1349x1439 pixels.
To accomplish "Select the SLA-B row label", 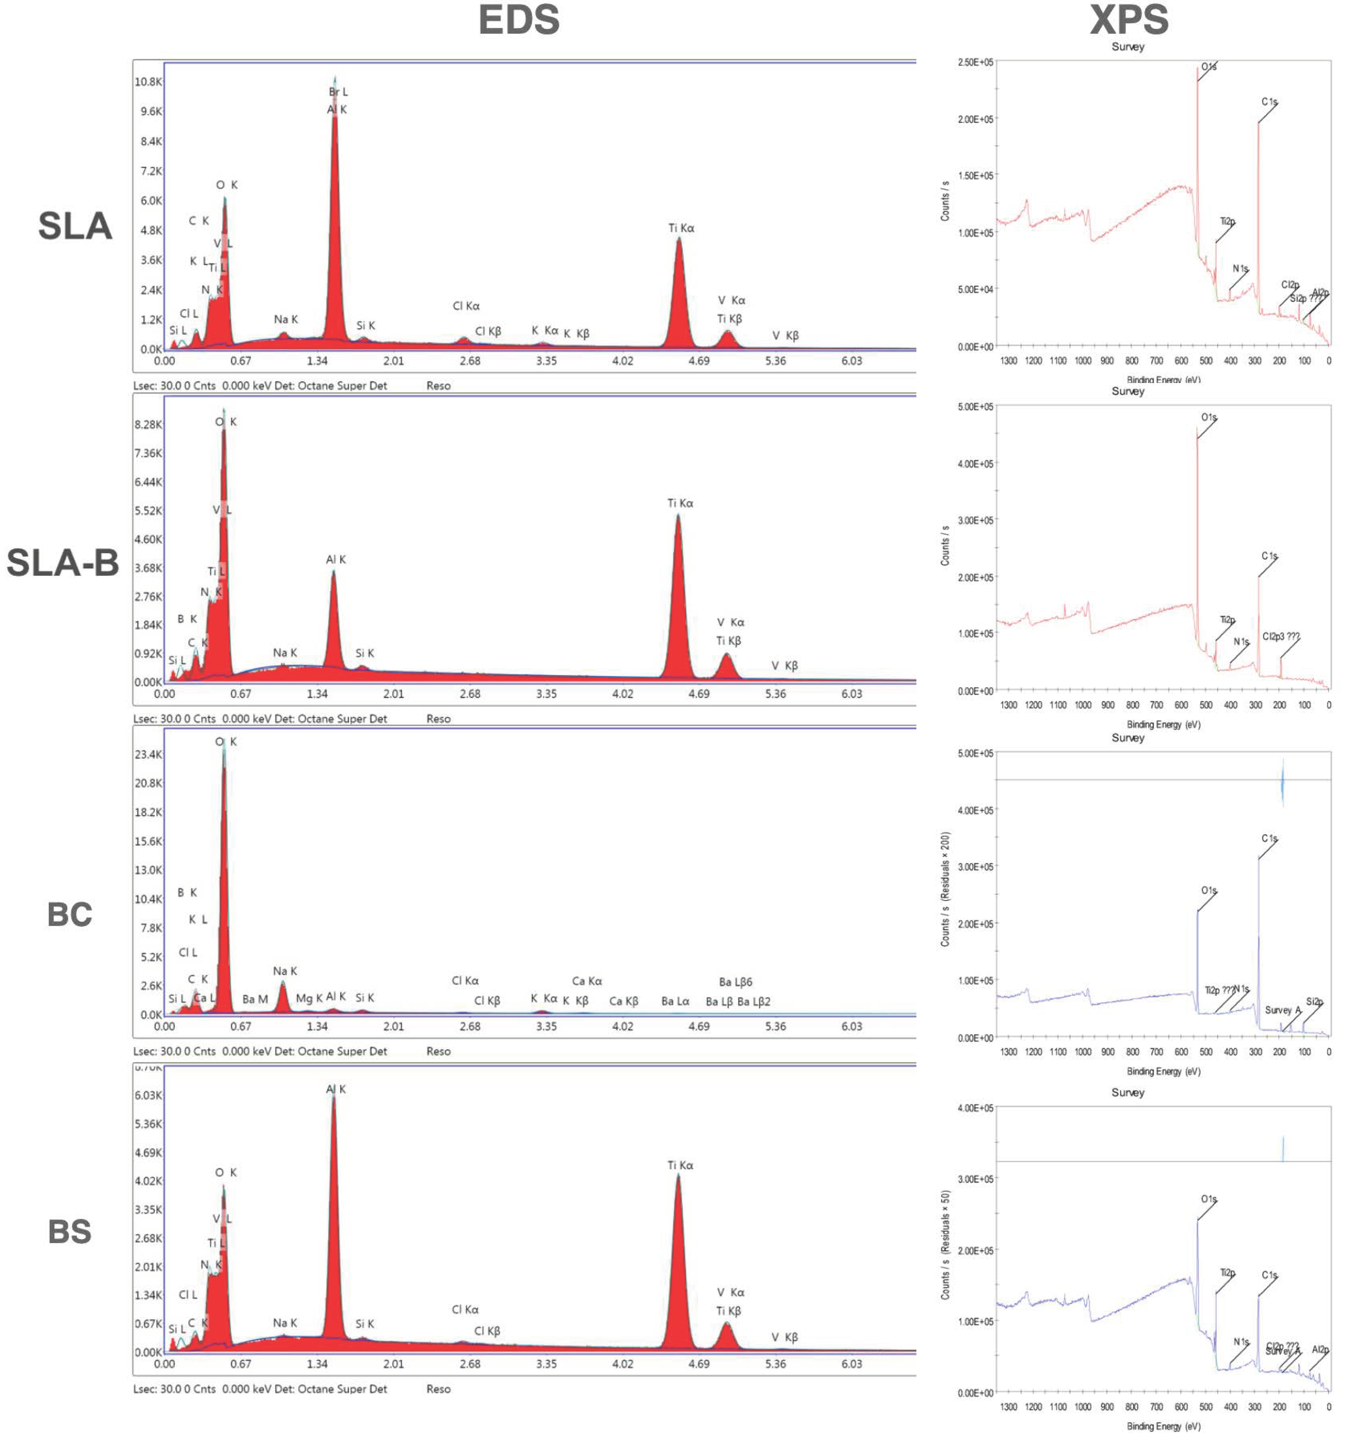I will tap(63, 562).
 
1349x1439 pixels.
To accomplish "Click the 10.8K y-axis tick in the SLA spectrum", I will tap(148, 82).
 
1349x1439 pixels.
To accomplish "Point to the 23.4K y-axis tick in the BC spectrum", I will tap(148, 754).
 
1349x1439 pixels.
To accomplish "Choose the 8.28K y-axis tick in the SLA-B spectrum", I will tap(148, 424).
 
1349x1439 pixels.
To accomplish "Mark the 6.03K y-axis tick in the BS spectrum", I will tap(148, 1095).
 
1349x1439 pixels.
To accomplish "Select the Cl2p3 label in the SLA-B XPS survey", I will tap(1280, 636).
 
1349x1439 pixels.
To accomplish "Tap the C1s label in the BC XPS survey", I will tap(1269, 838).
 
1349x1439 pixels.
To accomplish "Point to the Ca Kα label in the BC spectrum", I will tap(587, 981).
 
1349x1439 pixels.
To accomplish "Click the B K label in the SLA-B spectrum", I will tap(187, 619).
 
